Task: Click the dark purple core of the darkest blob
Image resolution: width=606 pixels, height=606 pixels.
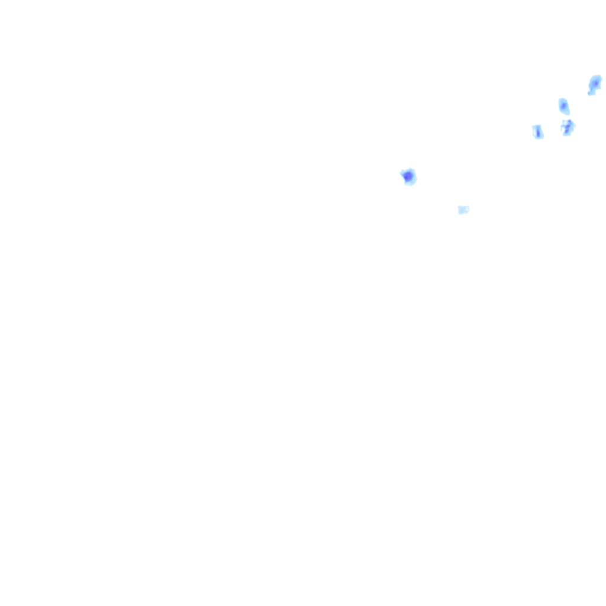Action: [407, 176]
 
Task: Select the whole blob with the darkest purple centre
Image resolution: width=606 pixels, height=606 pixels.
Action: [408, 177]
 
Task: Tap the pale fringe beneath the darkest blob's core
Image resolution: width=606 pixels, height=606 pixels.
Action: [410, 183]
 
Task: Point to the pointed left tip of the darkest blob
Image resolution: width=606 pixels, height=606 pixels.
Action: [401, 173]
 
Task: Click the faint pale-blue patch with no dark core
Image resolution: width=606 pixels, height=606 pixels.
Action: [463, 209]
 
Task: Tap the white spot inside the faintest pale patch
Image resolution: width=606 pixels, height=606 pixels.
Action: [466, 209]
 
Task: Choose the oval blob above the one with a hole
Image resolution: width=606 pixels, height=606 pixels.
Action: [563, 107]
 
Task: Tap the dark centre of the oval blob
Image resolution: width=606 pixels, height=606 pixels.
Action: [563, 106]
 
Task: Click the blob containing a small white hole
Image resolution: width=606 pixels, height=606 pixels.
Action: [568, 127]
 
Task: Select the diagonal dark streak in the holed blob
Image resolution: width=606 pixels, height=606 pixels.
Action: [567, 128]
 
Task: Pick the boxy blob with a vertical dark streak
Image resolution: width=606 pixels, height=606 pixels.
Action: [537, 131]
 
